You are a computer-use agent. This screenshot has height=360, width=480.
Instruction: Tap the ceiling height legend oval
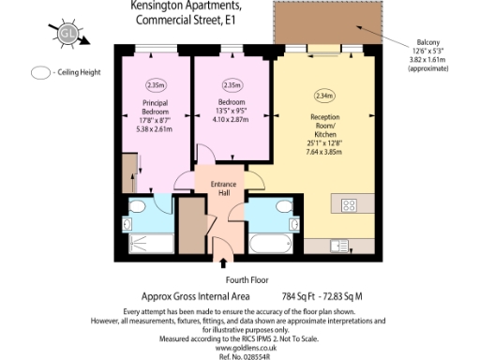point(40,72)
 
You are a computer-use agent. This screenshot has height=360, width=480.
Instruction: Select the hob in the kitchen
point(351,204)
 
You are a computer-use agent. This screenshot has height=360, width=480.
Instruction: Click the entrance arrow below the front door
point(223,256)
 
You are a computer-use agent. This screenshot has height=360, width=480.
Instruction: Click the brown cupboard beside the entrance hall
point(192,230)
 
